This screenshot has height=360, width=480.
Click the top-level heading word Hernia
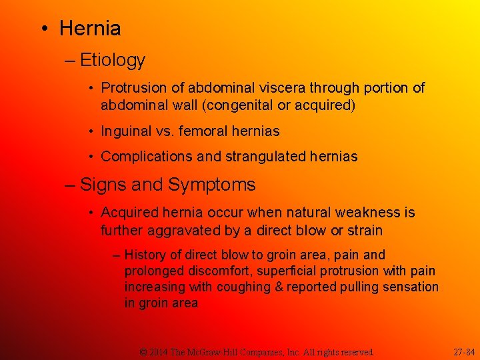click(x=90, y=29)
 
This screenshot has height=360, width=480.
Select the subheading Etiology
click(x=112, y=61)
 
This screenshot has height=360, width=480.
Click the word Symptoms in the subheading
click(x=211, y=185)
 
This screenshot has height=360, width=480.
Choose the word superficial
click(x=289, y=271)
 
